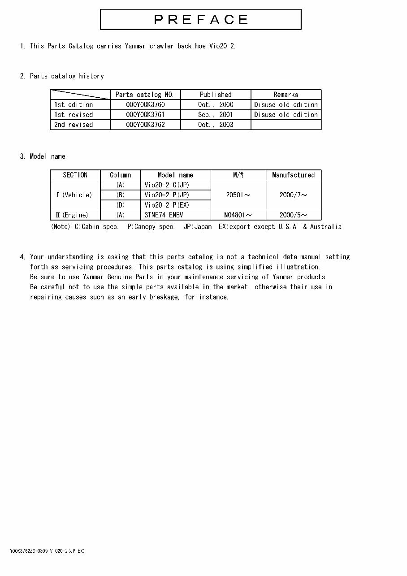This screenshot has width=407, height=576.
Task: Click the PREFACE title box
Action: (x=200, y=20)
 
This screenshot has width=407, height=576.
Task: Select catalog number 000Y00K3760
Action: (x=145, y=104)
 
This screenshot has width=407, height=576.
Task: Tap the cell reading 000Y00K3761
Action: (x=145, y=115)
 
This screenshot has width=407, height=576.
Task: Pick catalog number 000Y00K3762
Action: (x=145, y=125)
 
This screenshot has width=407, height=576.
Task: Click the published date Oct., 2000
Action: (x=216, y=104)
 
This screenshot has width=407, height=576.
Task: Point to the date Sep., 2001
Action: (x=216, y=115)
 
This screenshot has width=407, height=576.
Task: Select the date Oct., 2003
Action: (x=216, y=125)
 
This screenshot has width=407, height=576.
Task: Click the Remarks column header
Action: (x=286, y=95)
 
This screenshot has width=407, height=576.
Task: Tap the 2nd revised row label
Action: (x=74, y=125)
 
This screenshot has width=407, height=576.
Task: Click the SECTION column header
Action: (x=75, y=175)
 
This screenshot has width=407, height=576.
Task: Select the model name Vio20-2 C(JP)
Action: (x=167, y=185)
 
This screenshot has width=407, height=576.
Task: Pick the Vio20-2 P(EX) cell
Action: (x=167, y=205)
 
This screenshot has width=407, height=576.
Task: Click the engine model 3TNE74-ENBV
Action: (x=164, y=215)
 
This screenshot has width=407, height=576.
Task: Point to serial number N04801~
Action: (x=238, y=215)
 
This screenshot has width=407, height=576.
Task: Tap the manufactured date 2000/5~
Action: (x=293, y=215)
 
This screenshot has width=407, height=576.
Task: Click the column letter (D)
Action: (x=120, y=205)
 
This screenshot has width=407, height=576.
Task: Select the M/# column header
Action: (x=238, y=175)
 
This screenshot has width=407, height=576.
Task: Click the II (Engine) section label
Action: (x=72, y=215)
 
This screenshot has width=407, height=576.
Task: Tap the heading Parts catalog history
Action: (x=67, y=76)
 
